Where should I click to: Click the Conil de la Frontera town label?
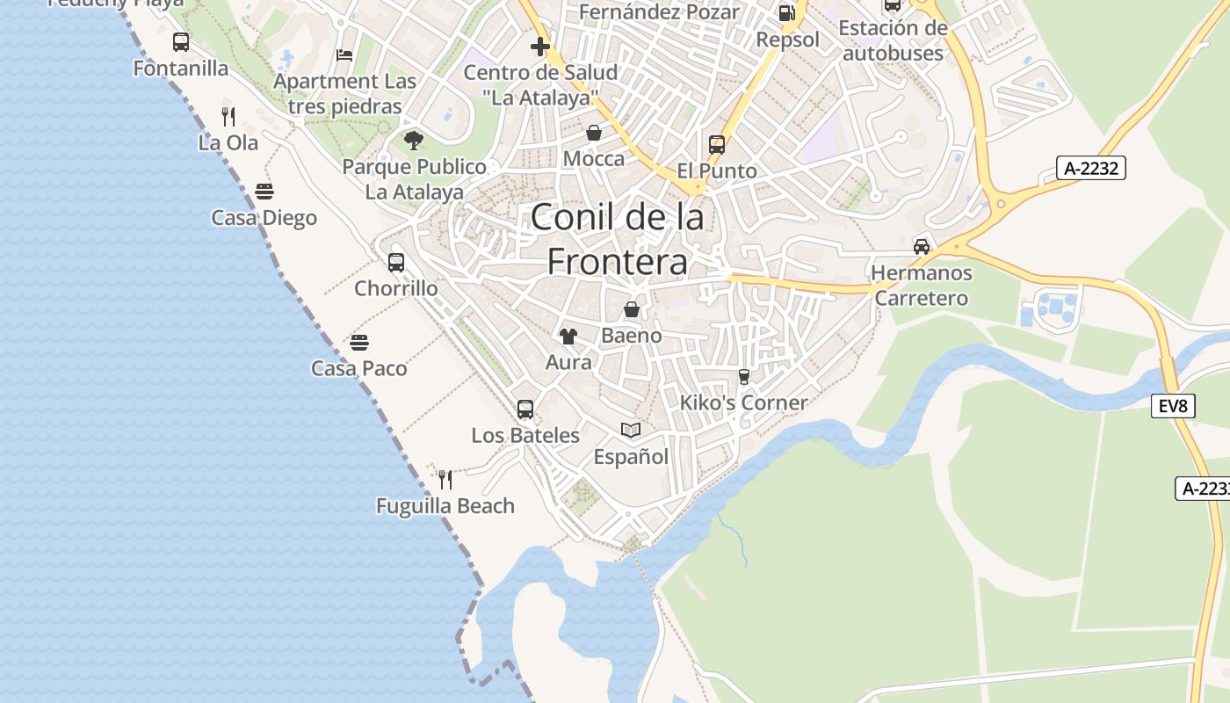(x=617, y=239)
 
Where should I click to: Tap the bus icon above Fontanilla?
(x=181, y=41)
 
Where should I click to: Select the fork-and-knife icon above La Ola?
(x=228, y=116)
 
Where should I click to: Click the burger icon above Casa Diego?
(x=264, y=191)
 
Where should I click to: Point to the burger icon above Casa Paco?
(x=358, y=341)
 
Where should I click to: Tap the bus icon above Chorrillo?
(x=396, y=262)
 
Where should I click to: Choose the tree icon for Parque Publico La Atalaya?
(x=413, y=140)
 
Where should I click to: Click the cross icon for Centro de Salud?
(x=540, y=46)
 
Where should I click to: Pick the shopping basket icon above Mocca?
(x=594, y=133)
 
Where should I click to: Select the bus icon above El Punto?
(x=717, y=144)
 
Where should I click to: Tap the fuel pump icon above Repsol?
(x=787, y=13)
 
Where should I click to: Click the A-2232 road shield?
(x=1091, y=168)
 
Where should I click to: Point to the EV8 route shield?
(x=1173, y=405)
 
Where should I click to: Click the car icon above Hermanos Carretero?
(x=922, y=246)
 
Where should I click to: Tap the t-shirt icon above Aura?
(x=568, y=336)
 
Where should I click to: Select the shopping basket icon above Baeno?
(x=631, y=309)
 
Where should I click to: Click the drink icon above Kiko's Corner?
(x=744, y=376)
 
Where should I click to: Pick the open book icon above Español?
(x=631, y=430)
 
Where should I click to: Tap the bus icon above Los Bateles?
(x=525, y=409)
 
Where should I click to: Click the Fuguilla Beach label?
(x=445, y=506)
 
